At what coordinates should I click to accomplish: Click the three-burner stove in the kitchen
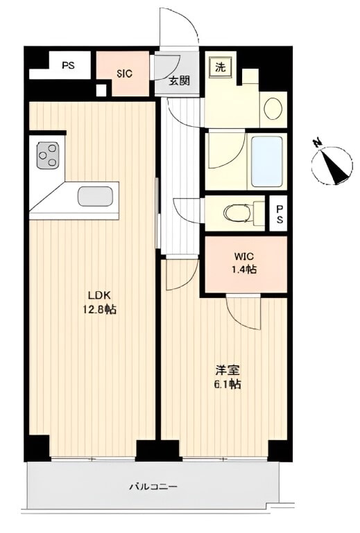pyautogui.click(x=47, y=155)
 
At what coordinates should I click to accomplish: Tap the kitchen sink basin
pyautogui.click(x=95, y=196)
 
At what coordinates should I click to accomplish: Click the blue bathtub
pyautogui.click(x=267, y=161)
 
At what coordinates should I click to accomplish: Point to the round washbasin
pyautogui.click(x=273, y=109)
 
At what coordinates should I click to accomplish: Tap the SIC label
pyautogui.click(x=125, y=73)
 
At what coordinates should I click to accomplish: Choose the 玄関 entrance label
pyautogui.click(x=180, y=81)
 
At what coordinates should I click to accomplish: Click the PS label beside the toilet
pyautogui.click(x=280, y=213)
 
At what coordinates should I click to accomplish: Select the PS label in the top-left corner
pyautogui.click(x=68, y=65)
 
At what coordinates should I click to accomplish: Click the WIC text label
pyautogui.click(x=243, y=256)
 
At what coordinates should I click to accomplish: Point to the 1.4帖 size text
pyautogui.click(x=244, y=270)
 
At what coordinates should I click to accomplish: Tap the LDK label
pyautogui.click(x=100, y=295)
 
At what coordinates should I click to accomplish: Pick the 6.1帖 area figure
pyautogui.click(x=228, y=384)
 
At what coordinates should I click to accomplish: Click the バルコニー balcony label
pyautogui.click(x=153, y=487)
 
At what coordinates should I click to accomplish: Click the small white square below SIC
pyautogui.click(x=101, y=89)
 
